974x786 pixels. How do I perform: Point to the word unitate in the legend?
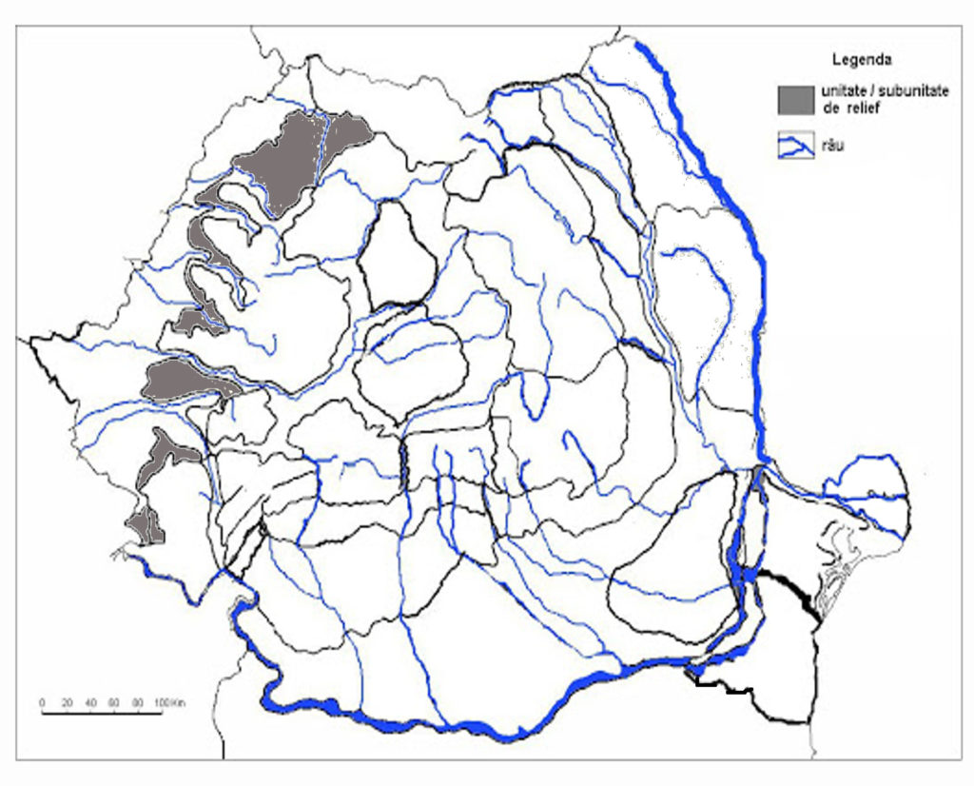pos(836,92)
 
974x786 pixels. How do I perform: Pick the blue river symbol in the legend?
pos(796,146)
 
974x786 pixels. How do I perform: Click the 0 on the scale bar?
pos(42,702)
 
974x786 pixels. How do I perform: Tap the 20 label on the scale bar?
pos(67,702)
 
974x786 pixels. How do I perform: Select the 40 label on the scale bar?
pos(90,702)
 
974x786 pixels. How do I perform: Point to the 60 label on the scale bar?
pos(114,702)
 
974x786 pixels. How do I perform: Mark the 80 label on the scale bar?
pos(138,702)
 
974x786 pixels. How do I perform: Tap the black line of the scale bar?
pos(101,712)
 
